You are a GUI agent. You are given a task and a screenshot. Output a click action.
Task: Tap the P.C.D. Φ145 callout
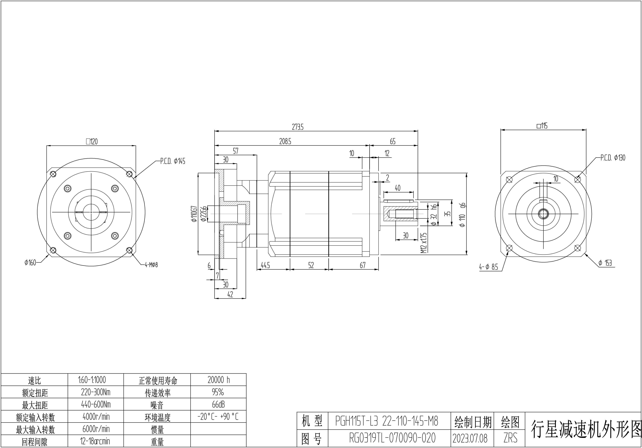point(173,161)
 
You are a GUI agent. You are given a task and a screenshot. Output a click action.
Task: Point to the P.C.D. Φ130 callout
point(613,158)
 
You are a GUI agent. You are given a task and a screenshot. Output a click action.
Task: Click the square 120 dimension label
point(92,142)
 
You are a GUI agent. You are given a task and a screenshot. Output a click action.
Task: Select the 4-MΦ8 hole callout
point(151,265)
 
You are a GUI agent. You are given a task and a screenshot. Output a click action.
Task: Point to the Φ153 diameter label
point(605,263)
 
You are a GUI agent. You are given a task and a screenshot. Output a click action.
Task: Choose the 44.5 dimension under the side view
point(265,265)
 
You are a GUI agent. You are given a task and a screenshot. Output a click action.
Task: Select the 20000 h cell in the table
point(218,380)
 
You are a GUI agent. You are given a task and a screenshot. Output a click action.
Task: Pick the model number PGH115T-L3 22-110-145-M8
point(387,421)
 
